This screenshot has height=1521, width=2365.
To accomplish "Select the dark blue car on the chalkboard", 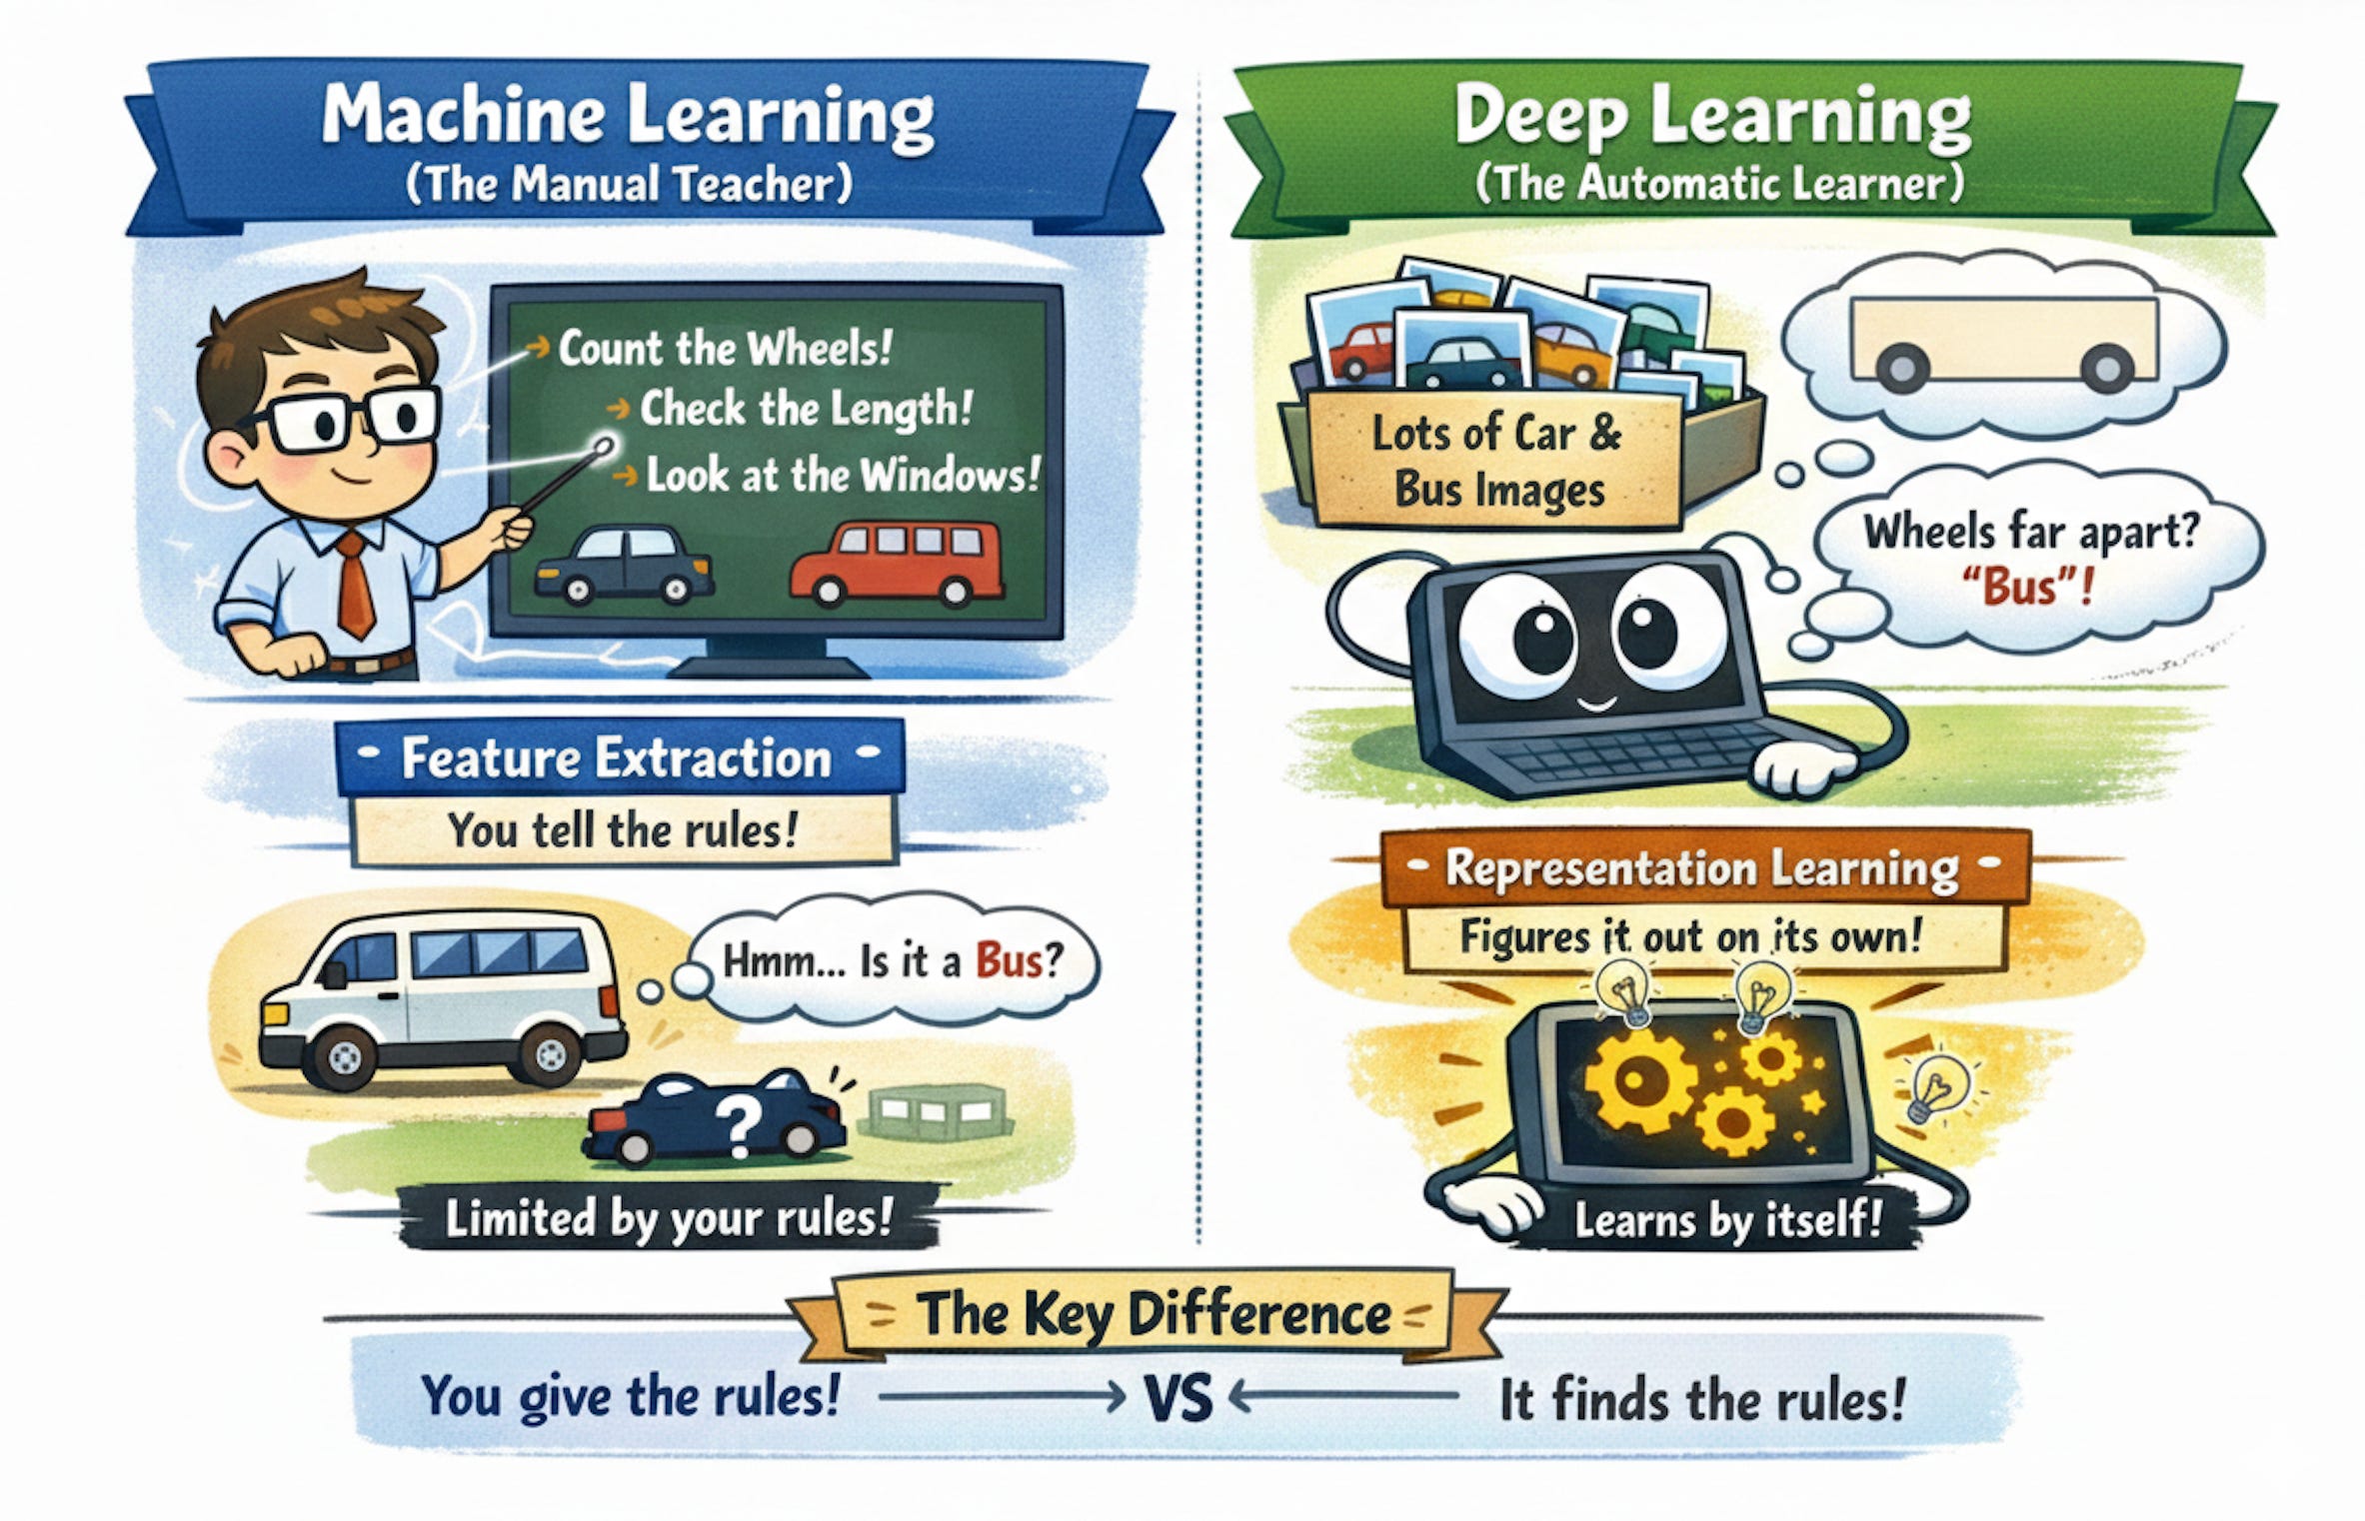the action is coord(624,565).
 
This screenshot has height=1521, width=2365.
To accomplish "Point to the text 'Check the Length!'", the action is coord(806,409).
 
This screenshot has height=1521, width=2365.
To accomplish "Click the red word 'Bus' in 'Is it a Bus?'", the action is coord(1009,961).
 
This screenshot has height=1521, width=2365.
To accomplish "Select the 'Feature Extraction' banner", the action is coord(617,758).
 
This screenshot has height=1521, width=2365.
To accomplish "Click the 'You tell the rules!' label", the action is coord(623,829).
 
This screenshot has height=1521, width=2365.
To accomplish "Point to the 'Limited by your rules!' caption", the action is coord(668,1218).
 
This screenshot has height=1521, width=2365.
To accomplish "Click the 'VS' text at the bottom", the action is coord(1179,1398).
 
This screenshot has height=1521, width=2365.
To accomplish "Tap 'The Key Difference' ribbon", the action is coord(1154,1313).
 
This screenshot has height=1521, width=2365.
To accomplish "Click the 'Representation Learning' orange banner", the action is coord(1701,868).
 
